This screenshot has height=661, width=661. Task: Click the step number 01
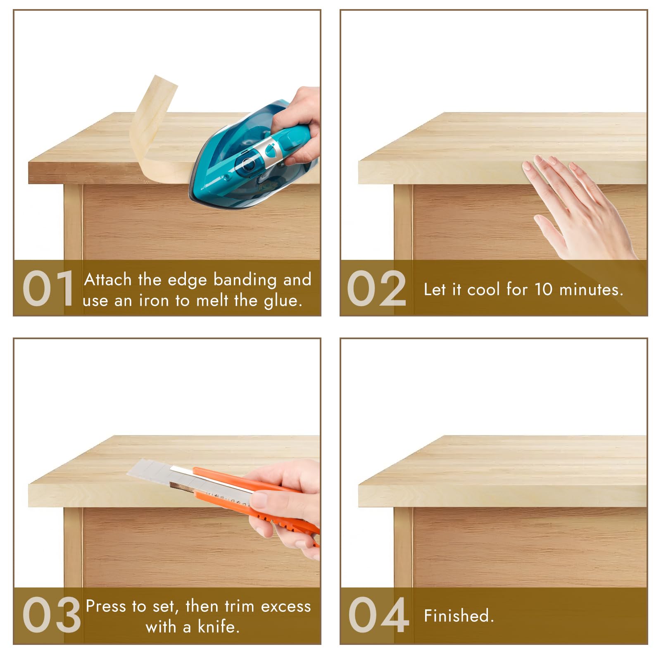(48, 288)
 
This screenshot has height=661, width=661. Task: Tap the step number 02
(377, 288)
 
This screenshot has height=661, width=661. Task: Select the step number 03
(52, 615)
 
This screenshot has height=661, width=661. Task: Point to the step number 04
(379, 615)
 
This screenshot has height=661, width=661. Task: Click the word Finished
(459, 616)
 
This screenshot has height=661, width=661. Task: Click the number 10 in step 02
(543, 289)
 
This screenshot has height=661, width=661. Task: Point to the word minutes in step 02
(591, 289)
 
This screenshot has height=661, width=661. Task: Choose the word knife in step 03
(219, 627)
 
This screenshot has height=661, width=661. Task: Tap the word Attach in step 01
(108, 280)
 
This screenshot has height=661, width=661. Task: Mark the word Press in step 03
(106, 606)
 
